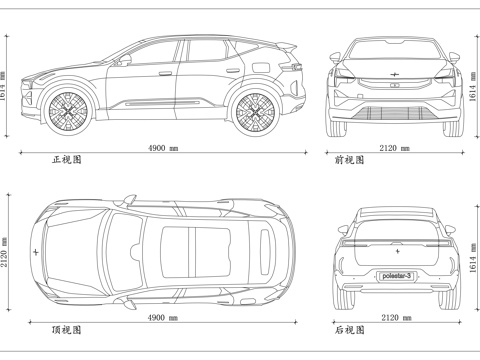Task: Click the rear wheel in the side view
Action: (256, 112)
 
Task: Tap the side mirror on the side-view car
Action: (126, 60)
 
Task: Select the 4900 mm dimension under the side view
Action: (163, 148)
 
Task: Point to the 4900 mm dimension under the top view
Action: (163, 317)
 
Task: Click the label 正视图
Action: (67, 159)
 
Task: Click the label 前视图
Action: (348, 159)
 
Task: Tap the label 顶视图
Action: (67, 329)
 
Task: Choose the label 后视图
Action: (348, 329)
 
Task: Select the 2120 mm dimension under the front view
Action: (394, 148)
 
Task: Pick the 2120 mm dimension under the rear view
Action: (394, 317)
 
